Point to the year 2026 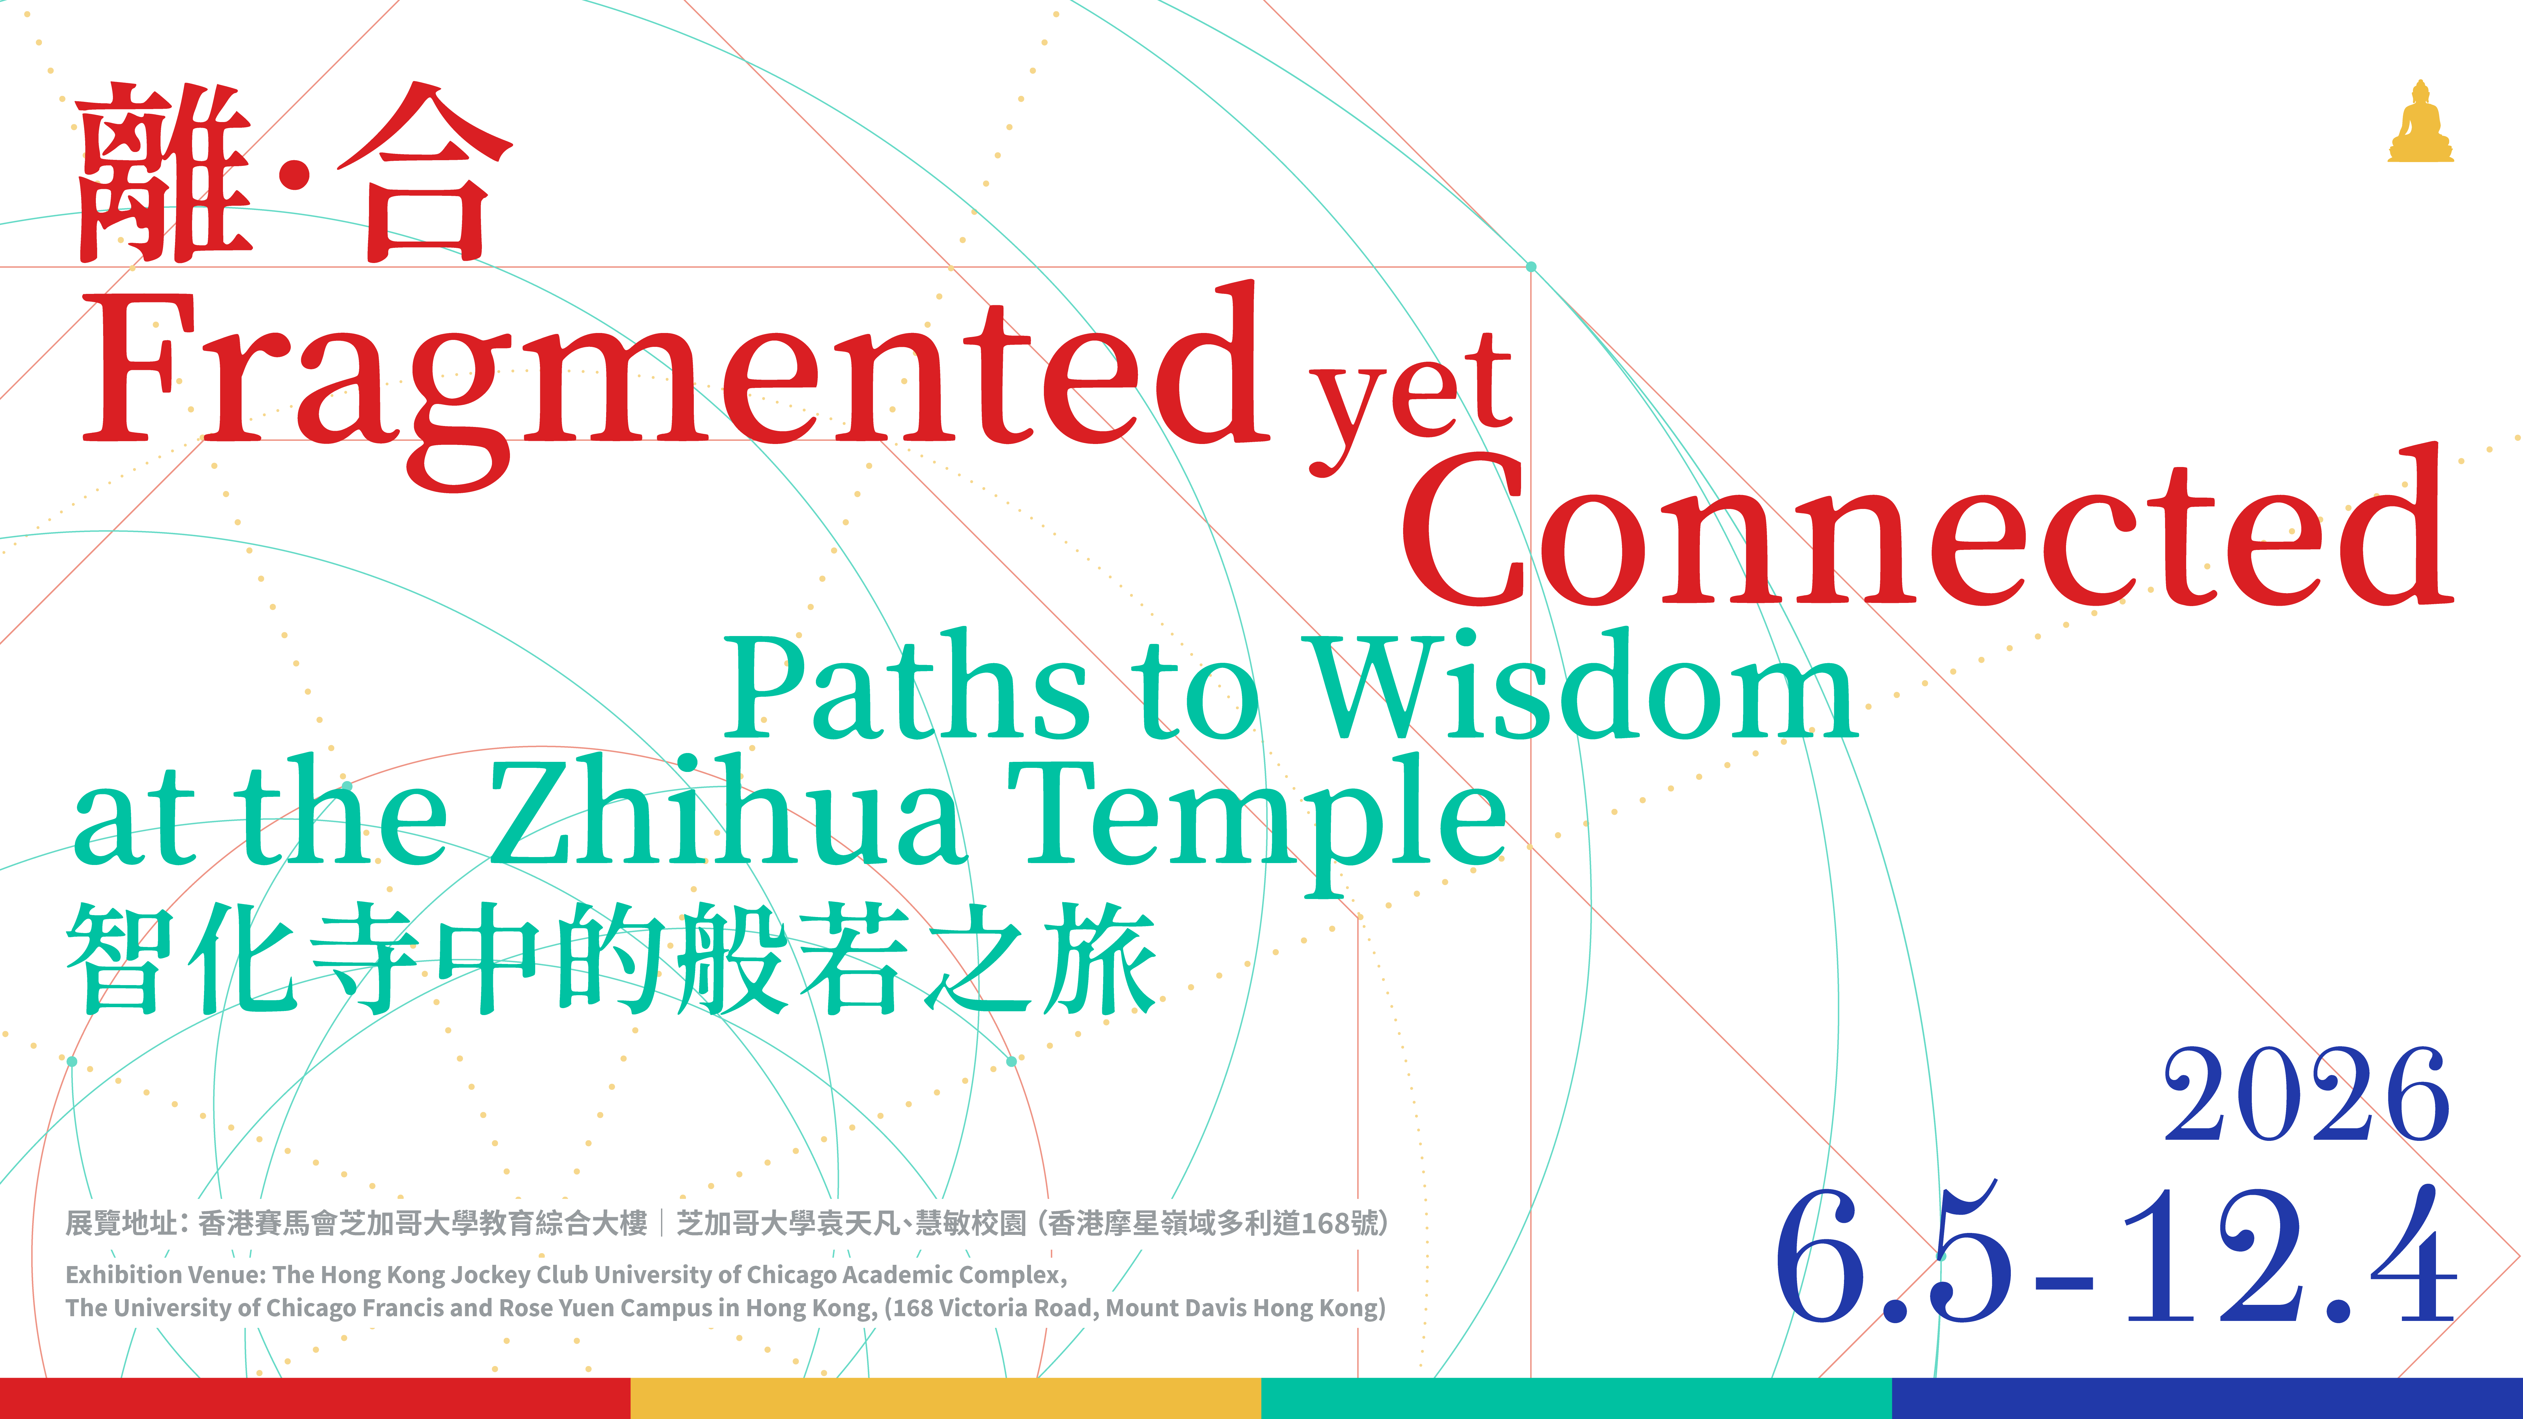(2307, 1095)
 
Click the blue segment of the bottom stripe (2208, 1399)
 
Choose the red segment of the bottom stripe (315, 1399)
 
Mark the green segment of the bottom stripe (1577, 1399)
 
